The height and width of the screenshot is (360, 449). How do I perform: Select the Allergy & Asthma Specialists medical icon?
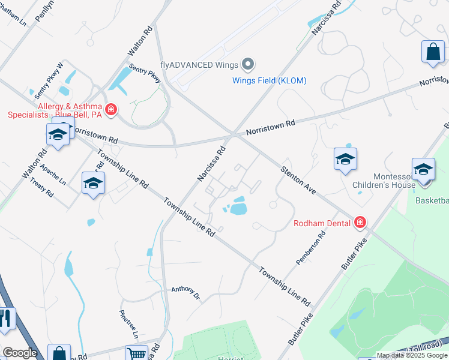click(110, 109)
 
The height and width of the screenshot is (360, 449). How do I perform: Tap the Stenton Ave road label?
click(298, 179)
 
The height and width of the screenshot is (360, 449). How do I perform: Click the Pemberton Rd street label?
click(310, 249)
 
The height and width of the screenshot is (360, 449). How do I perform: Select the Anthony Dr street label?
click(185, 292)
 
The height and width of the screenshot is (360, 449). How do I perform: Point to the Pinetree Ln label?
click(129, 324)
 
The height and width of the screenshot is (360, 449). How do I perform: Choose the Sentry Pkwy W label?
click(49, 81)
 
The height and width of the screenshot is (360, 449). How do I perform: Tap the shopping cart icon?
click(137, 353)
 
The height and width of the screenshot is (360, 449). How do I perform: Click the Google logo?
click(19, 353)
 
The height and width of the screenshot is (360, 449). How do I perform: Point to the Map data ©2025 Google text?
click(412, 355)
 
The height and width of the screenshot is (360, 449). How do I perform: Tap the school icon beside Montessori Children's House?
click(423, 169)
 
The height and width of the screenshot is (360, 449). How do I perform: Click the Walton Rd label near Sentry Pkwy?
click(137, 43)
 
